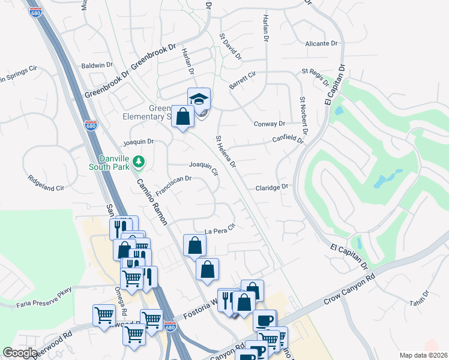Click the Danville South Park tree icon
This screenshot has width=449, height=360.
tap(139, 161)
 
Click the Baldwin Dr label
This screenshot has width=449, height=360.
tap(97, 65)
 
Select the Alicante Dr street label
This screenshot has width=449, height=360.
tap(322, 44)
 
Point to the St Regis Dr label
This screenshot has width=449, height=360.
tap(316, 73)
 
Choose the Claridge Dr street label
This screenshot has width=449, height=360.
tap(272, 187)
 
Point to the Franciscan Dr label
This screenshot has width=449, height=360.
tap(173, 185)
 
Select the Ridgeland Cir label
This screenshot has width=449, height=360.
tap(46, 183)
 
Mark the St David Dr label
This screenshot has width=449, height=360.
tap(231, 47)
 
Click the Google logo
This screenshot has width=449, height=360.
tap(20, 353)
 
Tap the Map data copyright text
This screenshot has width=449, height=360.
tap(424, 355)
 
